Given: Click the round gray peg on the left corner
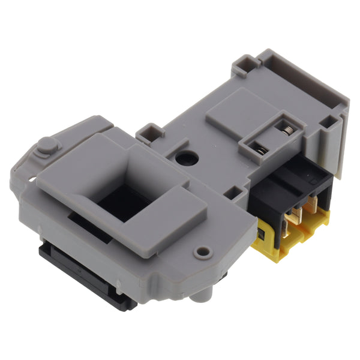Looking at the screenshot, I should coord(46,146).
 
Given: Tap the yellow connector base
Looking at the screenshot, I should coord(294,237).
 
